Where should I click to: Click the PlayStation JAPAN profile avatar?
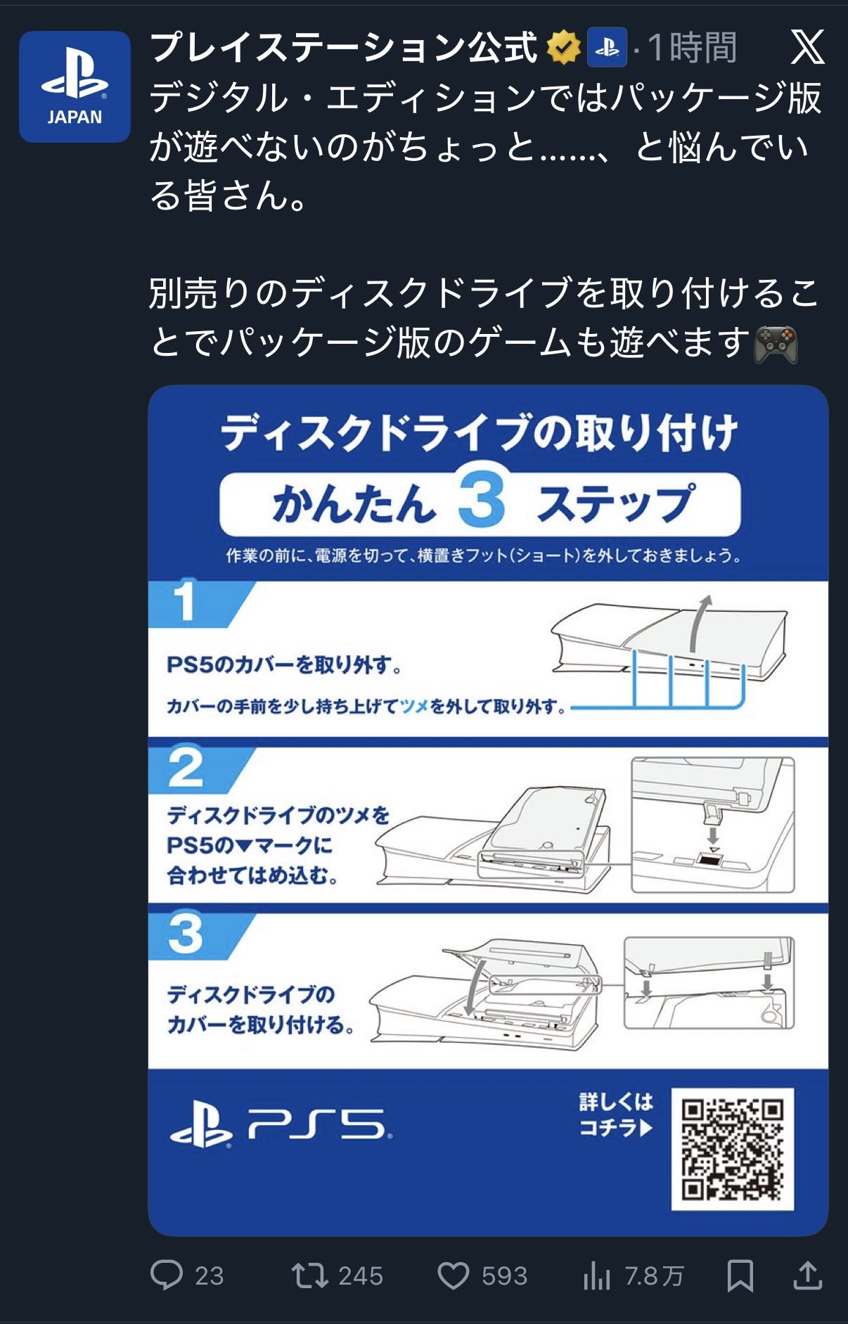pyautogui.click(x=75, y=86)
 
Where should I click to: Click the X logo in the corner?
pyautogui.click(x=807, y=48)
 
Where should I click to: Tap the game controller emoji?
pyautogui.click(x=776, y=345)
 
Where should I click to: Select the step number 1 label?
pyautogui.click(x=185, y=601)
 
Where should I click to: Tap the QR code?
pyautogui.click(x=732, y=1149)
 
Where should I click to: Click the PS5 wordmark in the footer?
pyautogui.click(x=320, y=1125)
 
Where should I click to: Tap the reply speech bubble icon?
pyautogui.click(x=167, y=1274)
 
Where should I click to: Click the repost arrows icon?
pyautogui.click(x=309, y=1275)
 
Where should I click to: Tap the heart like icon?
pyautogui.click(x=454, y=1275)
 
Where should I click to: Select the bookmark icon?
pyautogui.click(x=740, y=1275)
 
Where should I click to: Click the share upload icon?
pyautogui.click(x=808, y=1275)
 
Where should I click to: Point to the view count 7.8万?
pyautogui.click(x=654, y=1275)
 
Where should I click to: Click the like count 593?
pyautogui.click(x=504, y=1275)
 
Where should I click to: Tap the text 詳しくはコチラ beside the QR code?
pyautogui.click(x=616, y=1114)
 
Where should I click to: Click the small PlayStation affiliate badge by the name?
pyautogui.click(x=607, y=48)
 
